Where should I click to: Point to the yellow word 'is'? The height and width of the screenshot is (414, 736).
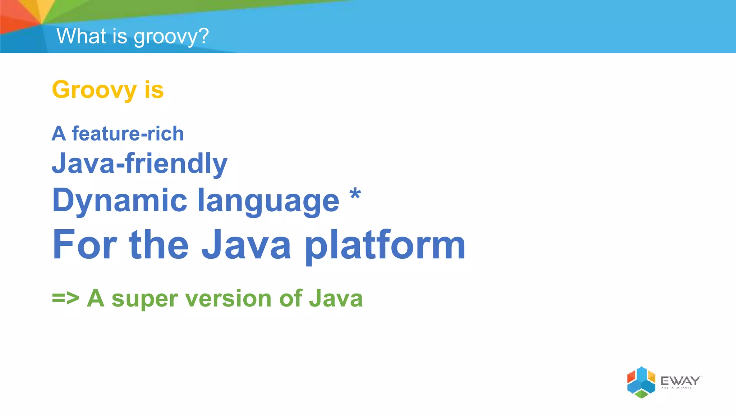tap(154, 89)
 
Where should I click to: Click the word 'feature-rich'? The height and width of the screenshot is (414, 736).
tap(128, 134)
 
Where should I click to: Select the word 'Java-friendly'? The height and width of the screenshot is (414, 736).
tap(139, 164)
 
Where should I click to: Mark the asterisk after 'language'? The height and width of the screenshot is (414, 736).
tap(355, 194)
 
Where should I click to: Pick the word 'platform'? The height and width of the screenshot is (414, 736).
tap(385, 246)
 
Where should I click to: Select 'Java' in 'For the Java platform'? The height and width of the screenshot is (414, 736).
tap(246, 245)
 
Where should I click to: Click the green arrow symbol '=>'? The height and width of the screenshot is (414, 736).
tap(65, 298)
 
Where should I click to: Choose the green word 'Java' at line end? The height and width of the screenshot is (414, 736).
tap(336, 298)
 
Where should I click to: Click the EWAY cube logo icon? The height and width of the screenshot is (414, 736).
tap(641, 382)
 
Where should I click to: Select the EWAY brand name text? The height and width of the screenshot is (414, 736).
tap(681, 381)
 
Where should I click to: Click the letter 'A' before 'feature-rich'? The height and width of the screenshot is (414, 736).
tap(59, 134)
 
